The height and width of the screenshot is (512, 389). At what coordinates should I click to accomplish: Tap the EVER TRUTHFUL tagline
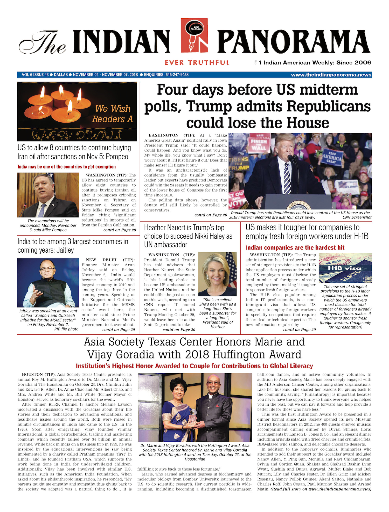(197, 63)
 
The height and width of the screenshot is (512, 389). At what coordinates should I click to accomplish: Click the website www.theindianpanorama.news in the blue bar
(331, 75)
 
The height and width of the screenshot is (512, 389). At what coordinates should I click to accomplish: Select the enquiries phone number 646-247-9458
(177, 75)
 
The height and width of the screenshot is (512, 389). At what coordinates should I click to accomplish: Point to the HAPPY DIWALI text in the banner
(77, 135)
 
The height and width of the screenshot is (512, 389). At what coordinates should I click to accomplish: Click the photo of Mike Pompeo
(48, 195)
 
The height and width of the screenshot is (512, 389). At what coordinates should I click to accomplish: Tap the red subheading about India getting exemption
(67, 167)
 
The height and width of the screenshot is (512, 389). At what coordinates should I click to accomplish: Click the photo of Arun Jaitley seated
(48, 282)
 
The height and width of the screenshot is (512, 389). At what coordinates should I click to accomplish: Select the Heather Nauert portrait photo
(217, 274)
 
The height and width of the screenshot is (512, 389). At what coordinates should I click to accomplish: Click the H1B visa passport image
(345, 268)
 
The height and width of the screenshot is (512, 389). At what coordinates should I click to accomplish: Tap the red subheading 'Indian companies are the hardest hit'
(295, 248)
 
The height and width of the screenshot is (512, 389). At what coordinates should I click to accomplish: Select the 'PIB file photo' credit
(66, 329)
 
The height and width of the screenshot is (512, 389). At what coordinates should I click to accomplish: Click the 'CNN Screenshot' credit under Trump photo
(357, 217)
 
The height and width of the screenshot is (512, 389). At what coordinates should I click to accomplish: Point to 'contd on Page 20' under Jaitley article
(119, 330)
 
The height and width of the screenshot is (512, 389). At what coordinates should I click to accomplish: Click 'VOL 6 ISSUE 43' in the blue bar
(35, 75)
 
